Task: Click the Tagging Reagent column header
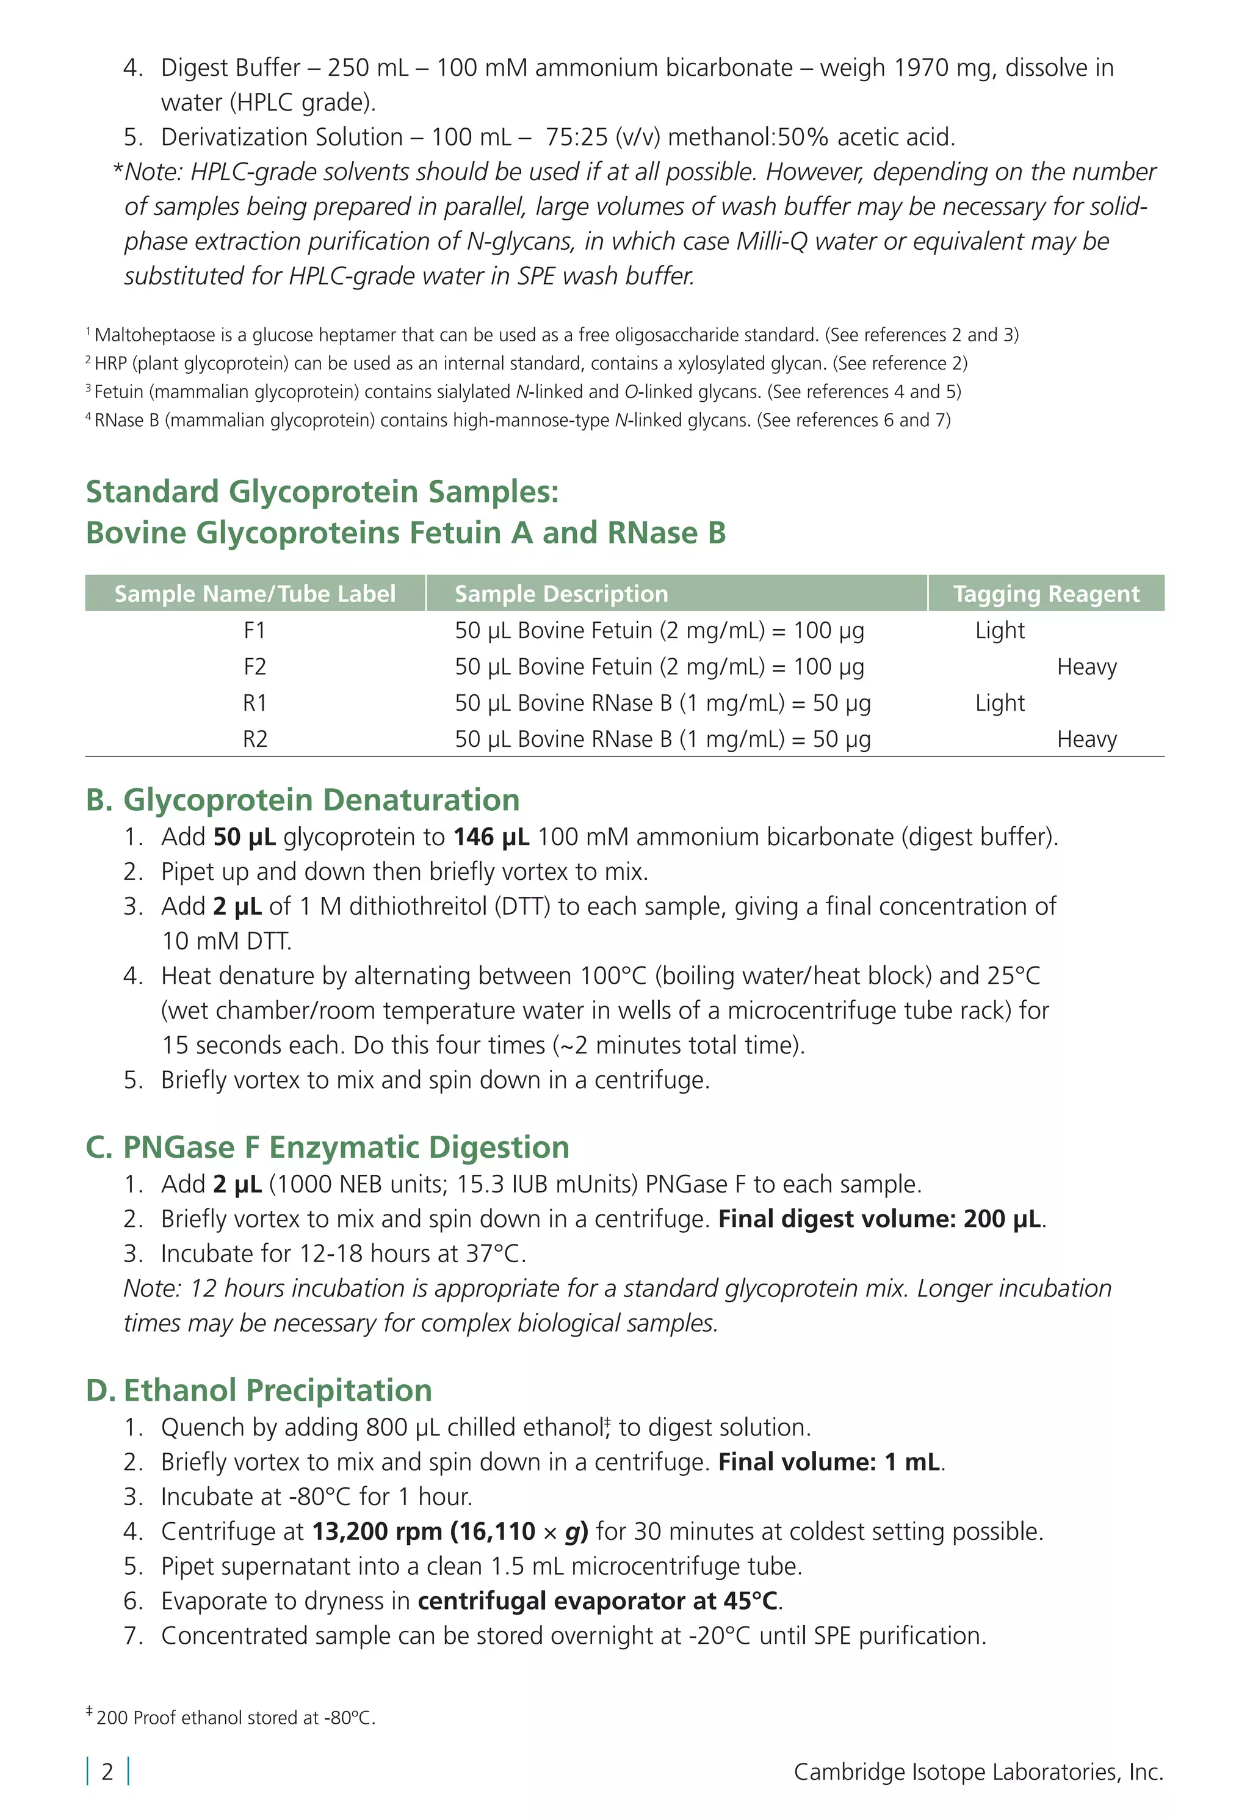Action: (1046, 594)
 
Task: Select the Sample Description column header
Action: (561, 594)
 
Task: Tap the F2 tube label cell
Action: (255, 667)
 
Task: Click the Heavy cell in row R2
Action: (1086, 739)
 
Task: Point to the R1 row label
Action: (255, 703)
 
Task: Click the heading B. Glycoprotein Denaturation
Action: (302, 800)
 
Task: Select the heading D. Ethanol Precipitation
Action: (258, 1390)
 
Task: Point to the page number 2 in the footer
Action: (107, 1771)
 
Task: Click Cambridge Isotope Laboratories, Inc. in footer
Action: (978, 1771)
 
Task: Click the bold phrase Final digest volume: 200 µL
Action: (881, 1219)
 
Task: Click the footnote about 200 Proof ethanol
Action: (235, 1718)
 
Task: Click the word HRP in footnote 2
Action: (110, 363)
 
